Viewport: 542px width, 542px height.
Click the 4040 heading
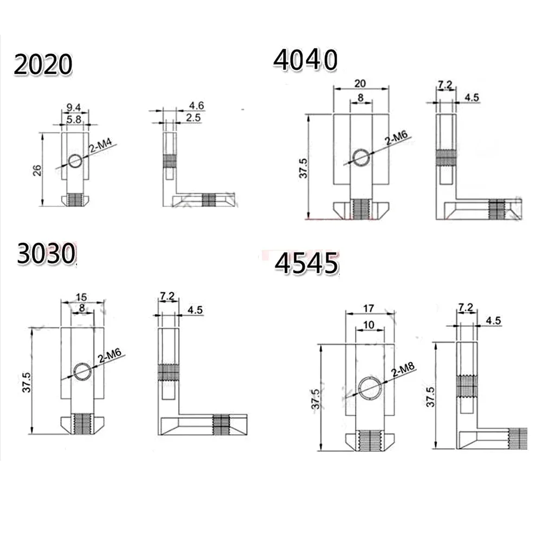pyautogui.click(x=305, y=60)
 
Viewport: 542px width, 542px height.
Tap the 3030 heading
pyautogui.click(x=45, y=255)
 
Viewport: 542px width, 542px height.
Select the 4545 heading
pyautogui.click(x=306, y=264)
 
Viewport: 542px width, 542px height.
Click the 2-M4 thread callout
pyautogui.click(x=102, y=150)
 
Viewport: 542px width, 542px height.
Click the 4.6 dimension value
pyautogui.click(x=197, y=105)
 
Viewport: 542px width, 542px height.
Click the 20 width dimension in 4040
pyautogui.click(x=360, y=83)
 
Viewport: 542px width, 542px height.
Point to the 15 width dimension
pyautogui.click(x=81, y=296)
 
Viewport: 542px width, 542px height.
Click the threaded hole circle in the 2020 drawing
pyautogui.click(x=76, y=160)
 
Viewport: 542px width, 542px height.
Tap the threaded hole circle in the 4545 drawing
pyautogui.click(x=369, y=388)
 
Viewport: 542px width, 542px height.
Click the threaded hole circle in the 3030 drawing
pyautogui.click(x=83, y=372)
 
